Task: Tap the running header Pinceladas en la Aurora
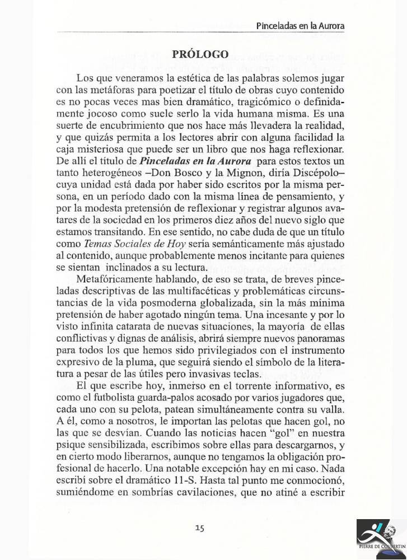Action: click(300, 26)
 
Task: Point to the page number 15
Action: click(200, 526)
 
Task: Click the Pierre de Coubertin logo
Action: click(379, 539)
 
